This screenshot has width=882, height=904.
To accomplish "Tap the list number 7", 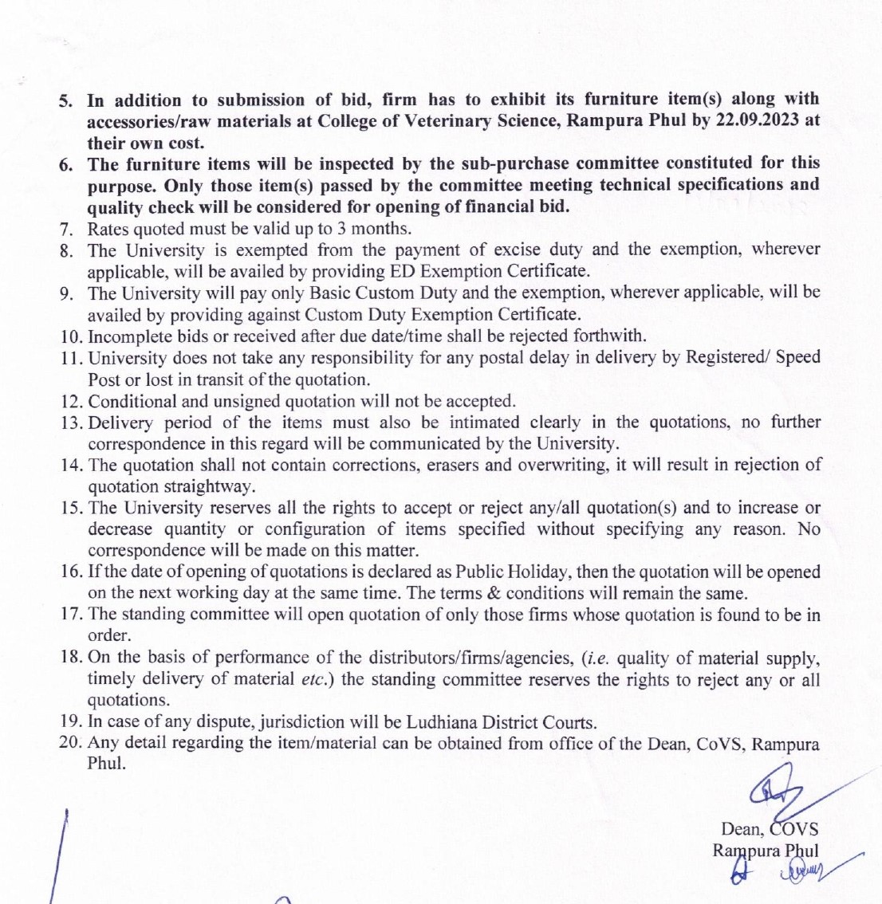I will point(67,229).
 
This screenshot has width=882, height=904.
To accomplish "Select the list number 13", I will point(70,423).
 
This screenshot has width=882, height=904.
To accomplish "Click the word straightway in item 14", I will point(212,486).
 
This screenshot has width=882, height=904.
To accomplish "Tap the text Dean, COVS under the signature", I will point(769,829).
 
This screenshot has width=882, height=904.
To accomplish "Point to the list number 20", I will point(70,743).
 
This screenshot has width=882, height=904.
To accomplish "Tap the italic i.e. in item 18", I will point(597,658).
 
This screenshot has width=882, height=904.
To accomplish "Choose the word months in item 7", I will point(383,229).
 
